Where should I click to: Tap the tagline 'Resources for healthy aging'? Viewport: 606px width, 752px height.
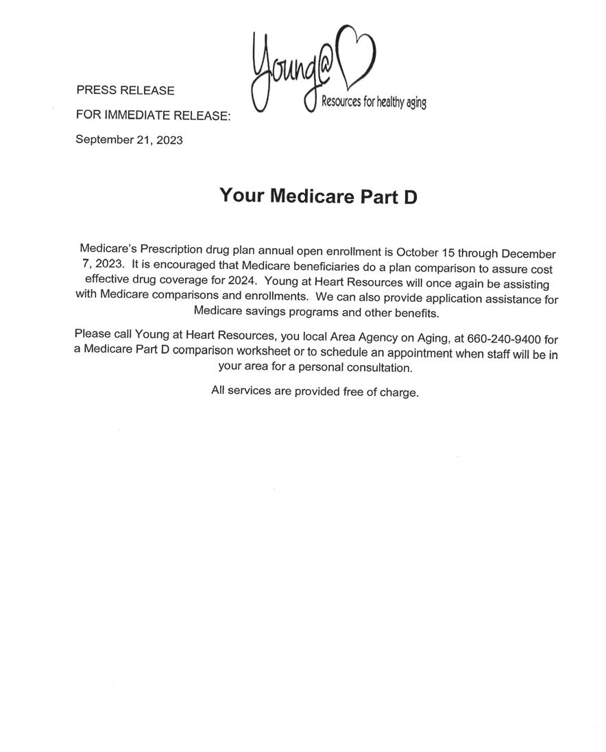click(374, 103)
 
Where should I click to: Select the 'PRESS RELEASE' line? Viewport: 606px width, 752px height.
click(125, 91)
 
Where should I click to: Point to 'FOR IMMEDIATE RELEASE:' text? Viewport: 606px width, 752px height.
click(153, 116)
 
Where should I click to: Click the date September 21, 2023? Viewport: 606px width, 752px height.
click(129, 140)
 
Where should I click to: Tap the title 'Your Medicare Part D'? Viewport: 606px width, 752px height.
click(318, 196)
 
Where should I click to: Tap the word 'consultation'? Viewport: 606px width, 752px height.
click(380, 368)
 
